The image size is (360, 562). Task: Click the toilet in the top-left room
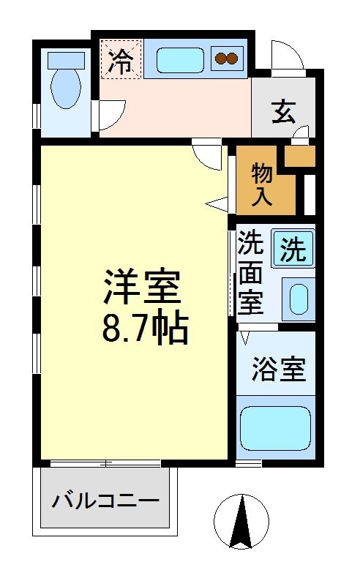(66, 88)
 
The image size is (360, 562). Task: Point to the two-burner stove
(227, 58)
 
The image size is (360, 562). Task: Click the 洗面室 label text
(251, 272)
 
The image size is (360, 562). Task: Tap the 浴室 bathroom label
(278, 368)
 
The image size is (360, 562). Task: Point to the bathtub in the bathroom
(275, 428)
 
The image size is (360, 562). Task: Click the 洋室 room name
(142, 287)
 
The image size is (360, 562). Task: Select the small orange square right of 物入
(299, 156)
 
